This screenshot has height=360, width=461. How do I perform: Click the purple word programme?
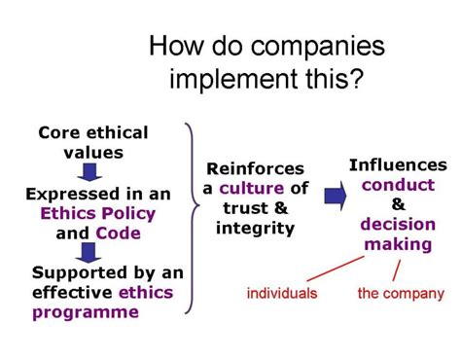[x=86, y=311]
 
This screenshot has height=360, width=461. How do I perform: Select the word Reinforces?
[x=256, y=169]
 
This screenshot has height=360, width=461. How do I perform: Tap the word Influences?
[x=398, y=164]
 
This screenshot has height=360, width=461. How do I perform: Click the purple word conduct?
[x=398, y=184]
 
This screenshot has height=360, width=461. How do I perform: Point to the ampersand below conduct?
[x=398, y=203]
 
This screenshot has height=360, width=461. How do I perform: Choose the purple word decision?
[x=398, y=224]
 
